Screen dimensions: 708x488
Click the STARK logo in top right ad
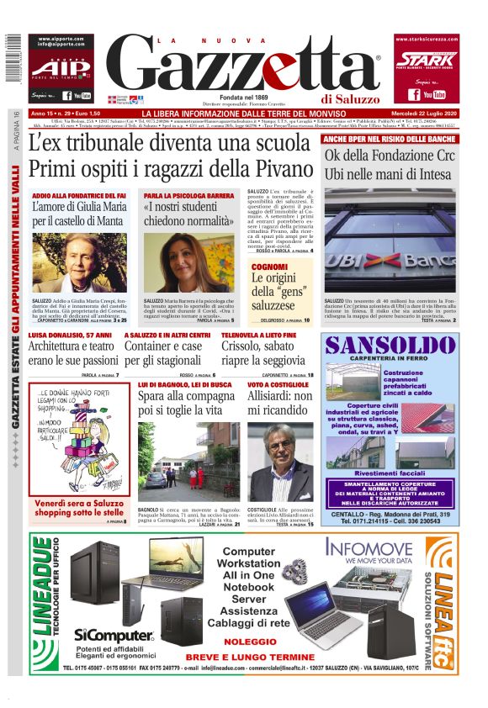[x=427, y=60]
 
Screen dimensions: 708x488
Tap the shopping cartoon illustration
[x=79, y=442]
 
